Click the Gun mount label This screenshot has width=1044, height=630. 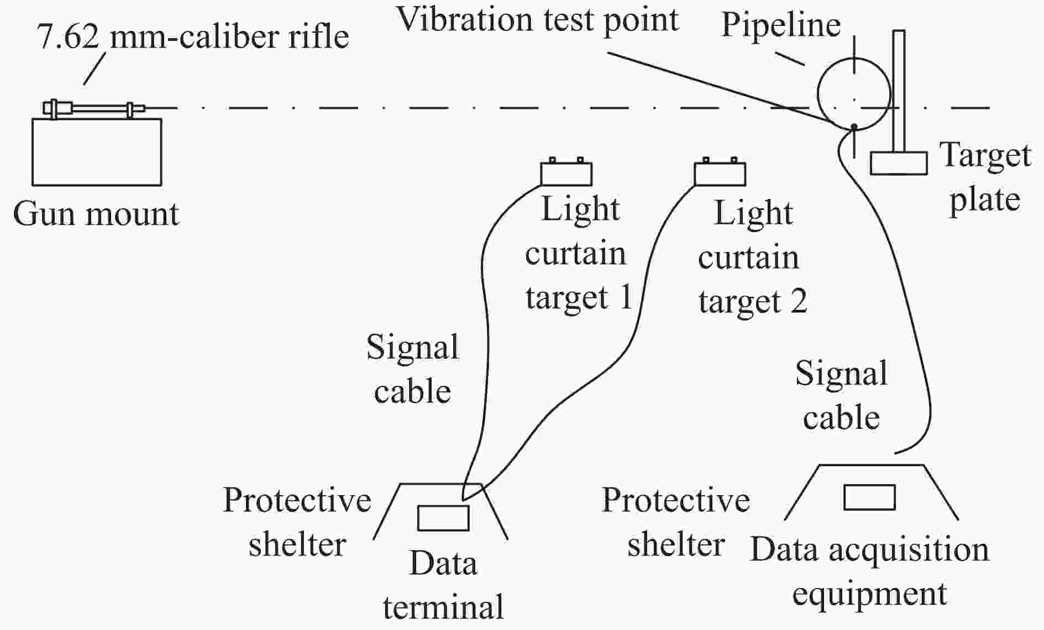point(96,214)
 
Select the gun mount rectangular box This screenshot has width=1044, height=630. point(97,152)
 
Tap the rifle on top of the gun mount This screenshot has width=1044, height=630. point(94,108)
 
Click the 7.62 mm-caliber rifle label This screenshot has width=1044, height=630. point(193,36)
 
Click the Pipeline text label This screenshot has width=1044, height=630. point(781,25)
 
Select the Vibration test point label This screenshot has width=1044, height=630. point(538,20)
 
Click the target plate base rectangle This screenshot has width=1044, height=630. point(899,164)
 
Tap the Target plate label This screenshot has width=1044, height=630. point(985,177)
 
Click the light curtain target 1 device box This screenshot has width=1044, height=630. point(566,174)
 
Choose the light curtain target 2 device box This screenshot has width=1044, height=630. point(720,174)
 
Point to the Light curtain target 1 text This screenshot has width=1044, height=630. point(578,254)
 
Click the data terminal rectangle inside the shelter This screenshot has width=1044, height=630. point(443,518)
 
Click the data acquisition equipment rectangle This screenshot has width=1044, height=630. point(869,497)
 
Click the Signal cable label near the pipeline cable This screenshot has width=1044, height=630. point(841,396)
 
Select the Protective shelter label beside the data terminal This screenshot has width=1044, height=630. point(297,523)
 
